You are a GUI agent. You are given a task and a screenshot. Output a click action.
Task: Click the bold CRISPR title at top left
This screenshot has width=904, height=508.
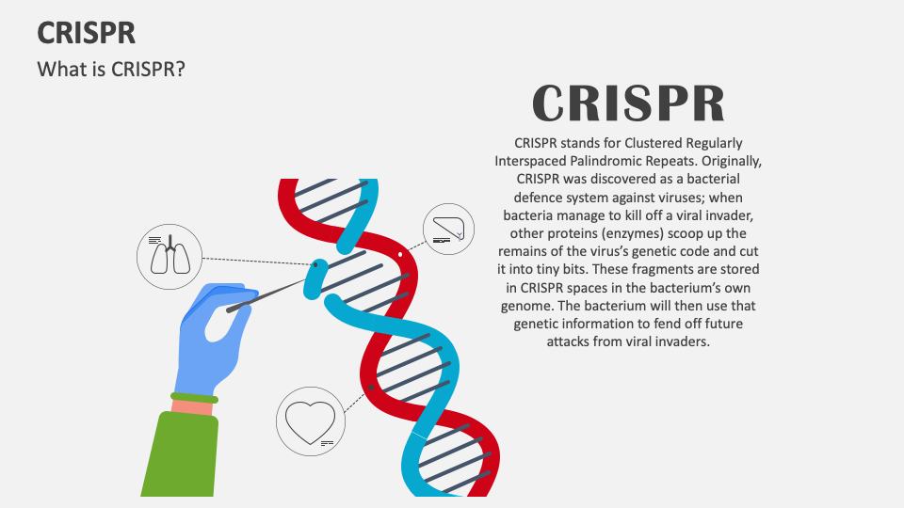click(x=86, y=33)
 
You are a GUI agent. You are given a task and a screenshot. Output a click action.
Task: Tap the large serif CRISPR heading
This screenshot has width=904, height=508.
click(x=629, y=103)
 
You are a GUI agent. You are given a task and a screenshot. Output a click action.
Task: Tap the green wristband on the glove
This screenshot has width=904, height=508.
click(x=194, y=399)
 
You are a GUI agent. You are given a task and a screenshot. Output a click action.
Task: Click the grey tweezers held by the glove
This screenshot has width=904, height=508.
click(x=268, y=291)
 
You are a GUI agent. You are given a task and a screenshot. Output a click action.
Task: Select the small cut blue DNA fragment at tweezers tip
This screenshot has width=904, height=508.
click(x=315, y=278)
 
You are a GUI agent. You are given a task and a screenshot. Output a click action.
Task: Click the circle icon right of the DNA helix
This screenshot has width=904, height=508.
click(x=448, y=230)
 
